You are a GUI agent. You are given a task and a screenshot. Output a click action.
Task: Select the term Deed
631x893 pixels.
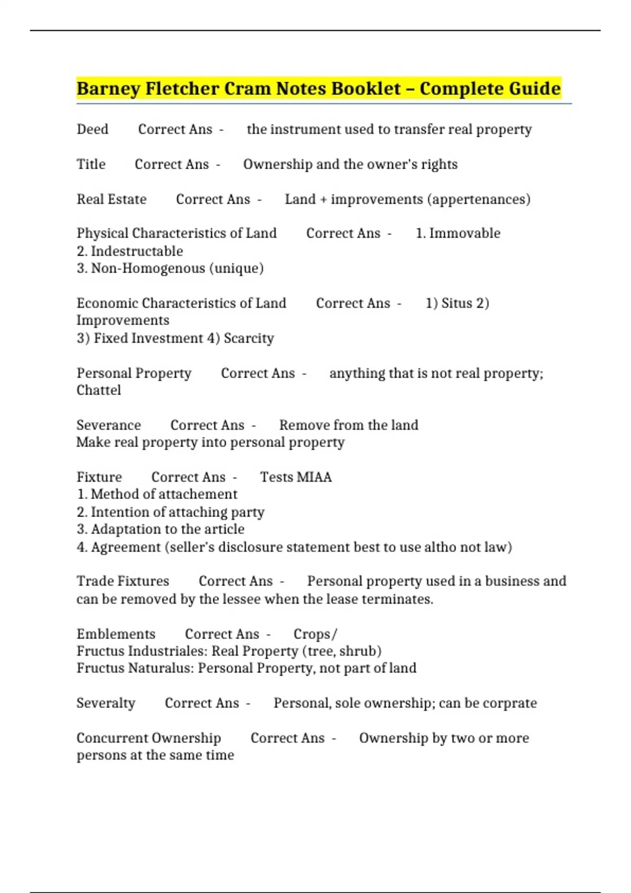pyautogui.click(x=93, y=129)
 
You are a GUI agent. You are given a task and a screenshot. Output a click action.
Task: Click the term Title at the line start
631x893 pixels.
pyautogui.click(x=91, y=164)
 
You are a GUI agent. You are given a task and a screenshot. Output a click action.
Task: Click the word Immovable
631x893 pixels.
pyautogui.click(x=465, y=233)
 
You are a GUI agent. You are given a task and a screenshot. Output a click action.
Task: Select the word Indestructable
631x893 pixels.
pyautogui.click(x=137, y=251)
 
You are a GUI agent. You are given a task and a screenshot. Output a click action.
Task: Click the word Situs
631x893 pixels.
pyautogui.click(x=456, y=303)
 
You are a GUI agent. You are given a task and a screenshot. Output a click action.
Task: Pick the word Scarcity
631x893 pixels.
pyautogui.click(x=249, y=338)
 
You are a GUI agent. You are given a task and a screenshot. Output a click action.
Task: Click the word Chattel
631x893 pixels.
pyautogui.click(x=99, y=390)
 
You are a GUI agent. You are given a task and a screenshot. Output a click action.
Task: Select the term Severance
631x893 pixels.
pyautogui.click(x=109, y=425)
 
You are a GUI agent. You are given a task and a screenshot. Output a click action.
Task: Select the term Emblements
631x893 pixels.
pyautogui.click(x=116, y=634)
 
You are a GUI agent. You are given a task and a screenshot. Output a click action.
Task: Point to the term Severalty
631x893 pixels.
pyautogui.click(x=106, y=703)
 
